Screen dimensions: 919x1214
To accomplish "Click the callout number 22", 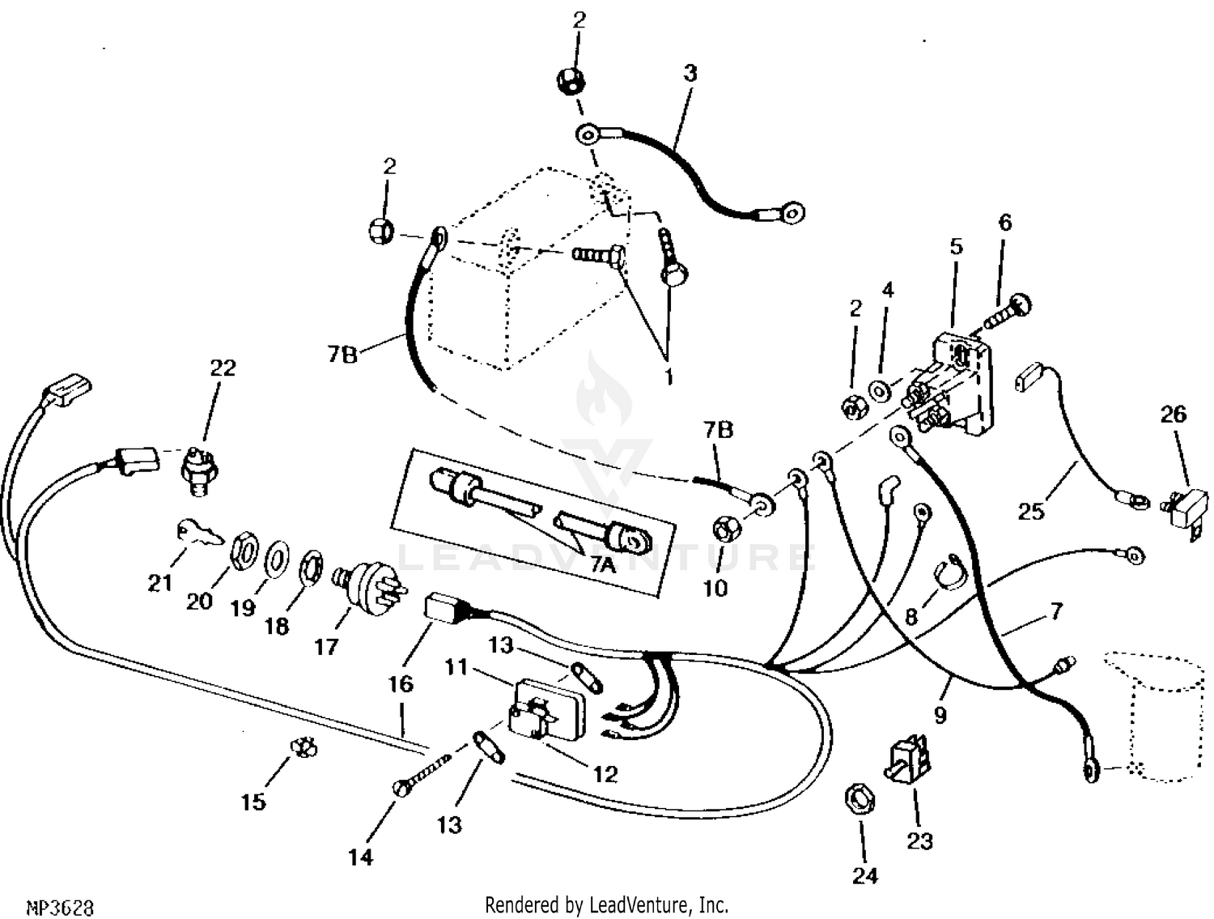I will coord(223,368).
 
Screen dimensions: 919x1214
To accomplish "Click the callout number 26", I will coord(1173,415).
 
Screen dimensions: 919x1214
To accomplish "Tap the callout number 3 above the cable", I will coord(690,73).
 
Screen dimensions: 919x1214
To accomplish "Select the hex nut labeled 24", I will coord(860,799).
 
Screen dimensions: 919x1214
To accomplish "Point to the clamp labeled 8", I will coord(950,573).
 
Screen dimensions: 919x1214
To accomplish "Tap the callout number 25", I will coord(1030,512).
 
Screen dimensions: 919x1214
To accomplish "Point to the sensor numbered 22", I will coord(197,468).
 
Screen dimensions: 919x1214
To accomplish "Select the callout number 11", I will coord(456,667).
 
